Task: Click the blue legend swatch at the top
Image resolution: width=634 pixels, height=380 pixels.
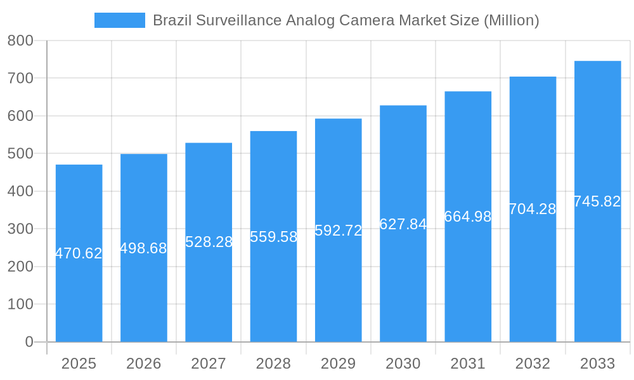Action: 119,20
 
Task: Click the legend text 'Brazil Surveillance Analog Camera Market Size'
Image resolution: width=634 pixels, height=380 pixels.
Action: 346,20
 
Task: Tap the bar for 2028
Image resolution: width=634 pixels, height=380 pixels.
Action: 273,291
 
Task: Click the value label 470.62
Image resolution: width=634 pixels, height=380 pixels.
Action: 79,253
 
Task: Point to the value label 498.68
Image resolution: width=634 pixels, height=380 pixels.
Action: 143,248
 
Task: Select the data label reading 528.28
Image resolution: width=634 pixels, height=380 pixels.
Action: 209,242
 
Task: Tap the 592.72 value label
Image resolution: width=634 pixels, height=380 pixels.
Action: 338,231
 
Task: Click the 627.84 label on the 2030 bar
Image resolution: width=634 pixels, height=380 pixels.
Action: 403,224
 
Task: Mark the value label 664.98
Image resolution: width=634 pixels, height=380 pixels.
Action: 468,217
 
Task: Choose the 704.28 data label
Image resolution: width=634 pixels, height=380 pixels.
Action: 533,209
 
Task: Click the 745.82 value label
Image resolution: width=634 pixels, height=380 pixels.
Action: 597,201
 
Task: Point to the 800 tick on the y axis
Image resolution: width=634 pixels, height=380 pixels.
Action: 20,41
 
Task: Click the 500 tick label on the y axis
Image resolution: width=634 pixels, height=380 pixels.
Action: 20,154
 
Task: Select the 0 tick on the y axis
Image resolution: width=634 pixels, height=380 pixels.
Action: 29,342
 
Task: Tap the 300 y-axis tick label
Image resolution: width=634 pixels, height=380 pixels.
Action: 20,229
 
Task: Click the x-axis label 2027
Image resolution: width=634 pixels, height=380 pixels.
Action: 209,364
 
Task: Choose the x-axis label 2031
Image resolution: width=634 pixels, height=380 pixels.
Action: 468,364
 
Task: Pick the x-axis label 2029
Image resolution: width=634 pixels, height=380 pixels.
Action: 338,364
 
